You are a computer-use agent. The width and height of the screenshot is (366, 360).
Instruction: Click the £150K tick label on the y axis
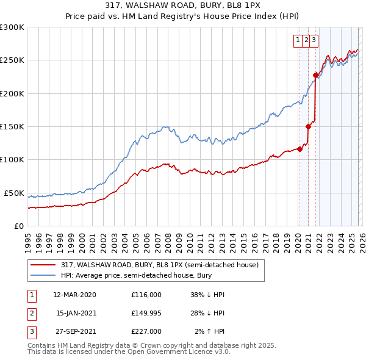(12, 126)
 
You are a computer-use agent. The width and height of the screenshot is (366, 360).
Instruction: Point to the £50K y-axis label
(14, 193)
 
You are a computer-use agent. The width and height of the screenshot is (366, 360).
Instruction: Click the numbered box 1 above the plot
(299, 41)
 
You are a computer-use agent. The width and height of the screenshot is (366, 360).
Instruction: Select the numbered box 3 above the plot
(314, 41)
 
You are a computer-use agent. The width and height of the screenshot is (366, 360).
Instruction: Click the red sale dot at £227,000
(315, 75)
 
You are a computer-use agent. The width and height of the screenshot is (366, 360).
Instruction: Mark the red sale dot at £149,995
(308, 126)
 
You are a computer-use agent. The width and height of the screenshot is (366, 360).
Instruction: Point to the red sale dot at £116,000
(300, 149)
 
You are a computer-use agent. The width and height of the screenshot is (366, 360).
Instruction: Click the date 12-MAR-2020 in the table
(74, 295)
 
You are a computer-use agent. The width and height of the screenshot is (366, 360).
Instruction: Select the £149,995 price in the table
(146, 313)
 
